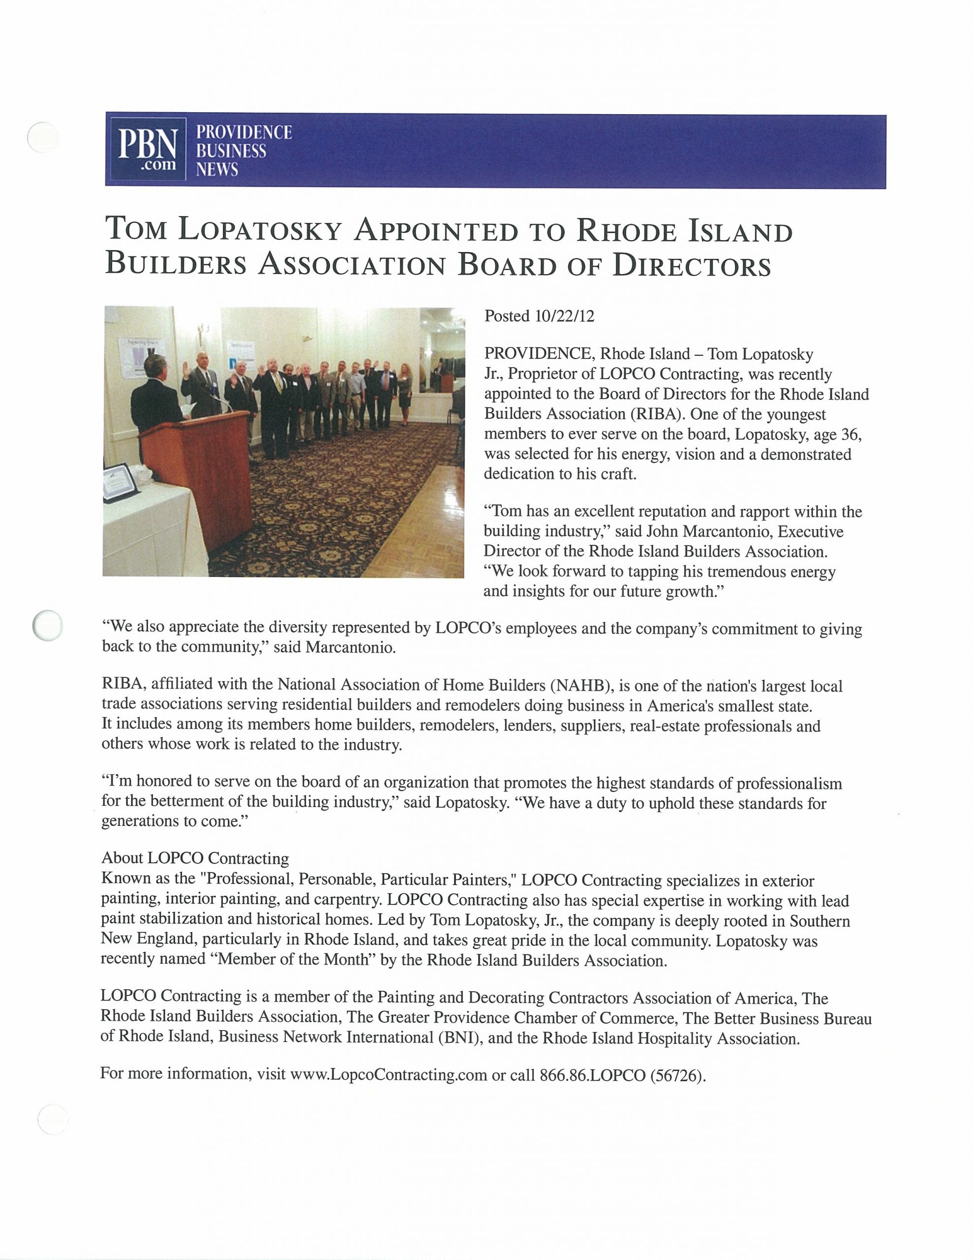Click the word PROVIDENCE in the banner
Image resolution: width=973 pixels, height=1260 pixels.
(244, 132)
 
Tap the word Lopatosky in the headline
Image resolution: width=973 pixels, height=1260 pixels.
(260, 230)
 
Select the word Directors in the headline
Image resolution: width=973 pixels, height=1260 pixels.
(692, 266)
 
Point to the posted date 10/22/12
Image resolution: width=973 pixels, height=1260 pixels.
(564, 316)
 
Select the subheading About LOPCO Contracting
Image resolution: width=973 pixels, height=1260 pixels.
(195, 858)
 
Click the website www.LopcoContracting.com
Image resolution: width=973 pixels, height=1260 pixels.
(388, 1074)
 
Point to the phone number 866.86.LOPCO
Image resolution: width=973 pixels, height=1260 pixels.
(592, 1075)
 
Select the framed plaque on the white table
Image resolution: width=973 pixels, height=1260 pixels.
(120, 482)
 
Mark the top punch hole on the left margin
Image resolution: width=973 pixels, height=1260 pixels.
(43, 138)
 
